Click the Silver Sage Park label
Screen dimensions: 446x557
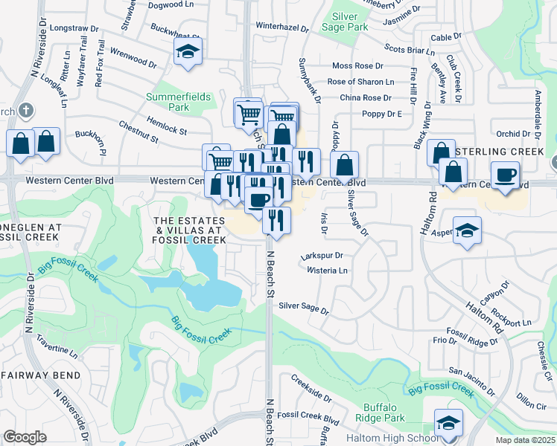point(345,21)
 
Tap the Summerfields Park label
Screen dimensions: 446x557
point(178,102)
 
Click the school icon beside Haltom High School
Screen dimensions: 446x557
point(448,423)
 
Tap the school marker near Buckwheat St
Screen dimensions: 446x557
point(188,53)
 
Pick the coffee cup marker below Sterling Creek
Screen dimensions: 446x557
point(506,175)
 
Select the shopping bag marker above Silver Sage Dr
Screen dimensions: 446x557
point(345,165)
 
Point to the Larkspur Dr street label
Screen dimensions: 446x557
point(321,256)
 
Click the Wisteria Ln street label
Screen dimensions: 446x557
point(328,271)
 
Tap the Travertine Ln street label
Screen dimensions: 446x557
point(57,348)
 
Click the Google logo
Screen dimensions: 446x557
point(25,437)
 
